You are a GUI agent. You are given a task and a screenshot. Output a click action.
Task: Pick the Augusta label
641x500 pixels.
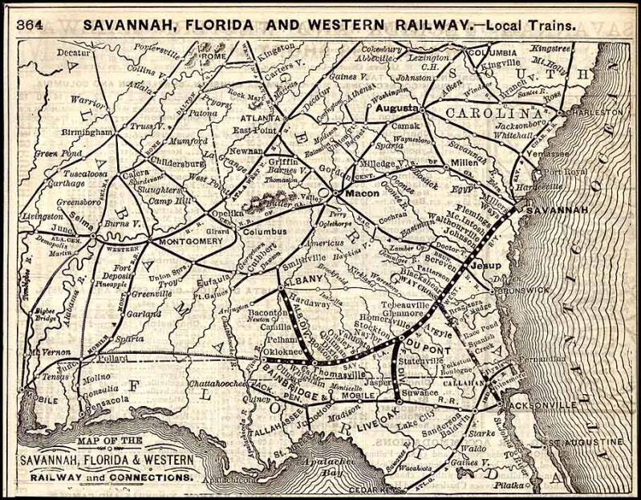396,107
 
